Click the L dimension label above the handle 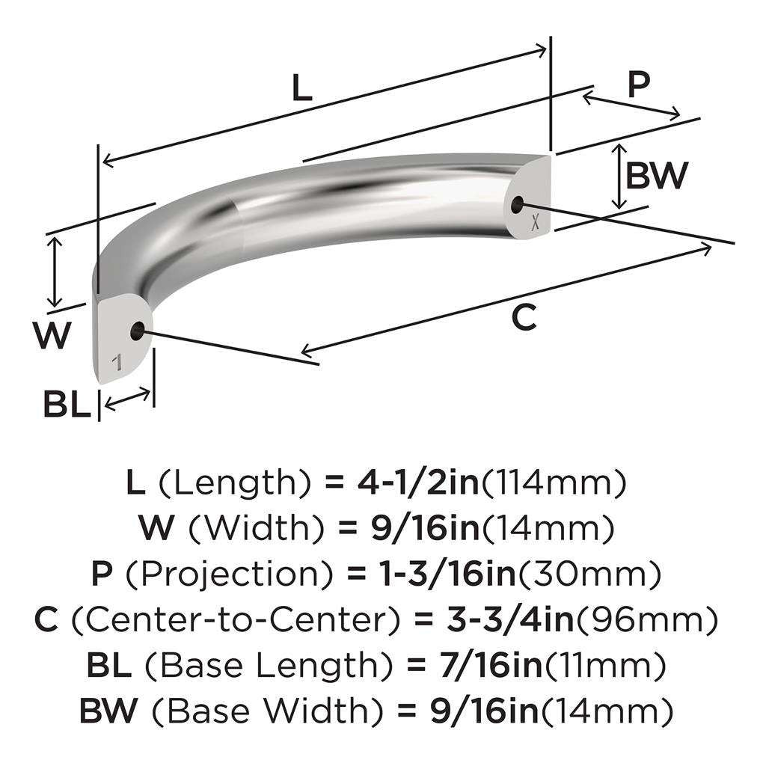pyautogui.click(x=301, y=89)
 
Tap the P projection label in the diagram pyautogui.click(x=637, y=85)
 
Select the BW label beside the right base pyautogui.click(x=656, y=176)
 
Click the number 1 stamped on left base pyautogui.click(x=117, y=364)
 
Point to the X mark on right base pyautogui.click(x=534, y=221)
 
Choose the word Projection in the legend pyautogui.click(x=222, y=574)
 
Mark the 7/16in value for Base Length pyautogui.click(x=468, y=664)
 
